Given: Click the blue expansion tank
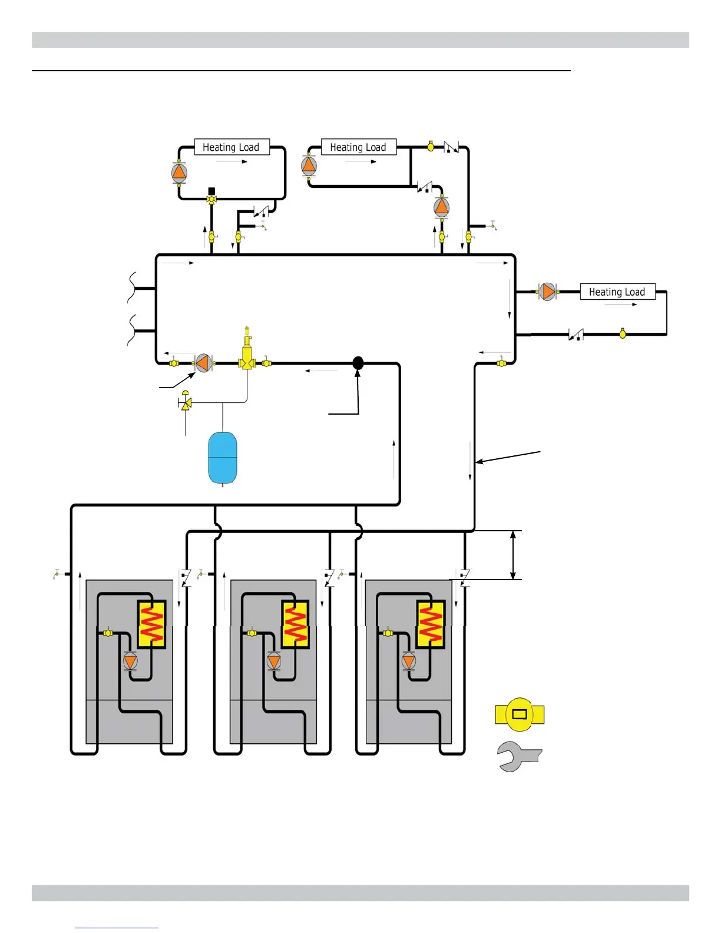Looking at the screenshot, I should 223,458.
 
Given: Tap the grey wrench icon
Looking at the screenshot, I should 518,756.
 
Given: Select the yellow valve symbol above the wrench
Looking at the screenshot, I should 520,714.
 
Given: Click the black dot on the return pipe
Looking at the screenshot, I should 358,363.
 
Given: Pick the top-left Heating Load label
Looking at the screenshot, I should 231,147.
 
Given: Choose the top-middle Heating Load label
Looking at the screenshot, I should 358,147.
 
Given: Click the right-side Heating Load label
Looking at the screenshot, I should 617,292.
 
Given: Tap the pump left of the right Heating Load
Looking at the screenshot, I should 547,291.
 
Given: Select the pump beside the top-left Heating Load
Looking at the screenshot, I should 179,172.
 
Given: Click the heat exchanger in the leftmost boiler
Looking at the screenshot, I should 151,624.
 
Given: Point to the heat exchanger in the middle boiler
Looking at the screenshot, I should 296,624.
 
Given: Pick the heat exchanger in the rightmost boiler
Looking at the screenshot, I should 431,624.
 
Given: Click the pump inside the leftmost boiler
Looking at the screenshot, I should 130,661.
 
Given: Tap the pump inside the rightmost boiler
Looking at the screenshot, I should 409,661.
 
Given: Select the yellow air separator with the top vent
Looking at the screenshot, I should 247,355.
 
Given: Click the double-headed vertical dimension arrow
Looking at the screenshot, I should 514,555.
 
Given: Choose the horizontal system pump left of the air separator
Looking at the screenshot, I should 203,363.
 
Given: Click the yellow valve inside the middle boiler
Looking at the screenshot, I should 252,633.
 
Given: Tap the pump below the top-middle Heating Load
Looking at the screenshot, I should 441,207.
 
